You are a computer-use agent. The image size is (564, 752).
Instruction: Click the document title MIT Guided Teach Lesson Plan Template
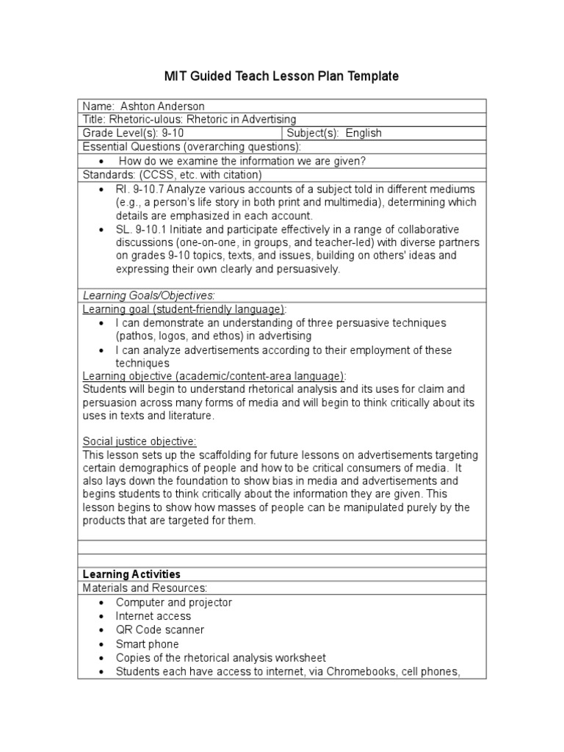tap(281, 76)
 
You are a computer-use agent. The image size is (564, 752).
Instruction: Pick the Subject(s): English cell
tap(334, 133)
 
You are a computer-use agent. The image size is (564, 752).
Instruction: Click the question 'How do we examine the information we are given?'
tap(242, 161)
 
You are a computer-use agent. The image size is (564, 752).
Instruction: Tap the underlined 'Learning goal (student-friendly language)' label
tap(184, 309)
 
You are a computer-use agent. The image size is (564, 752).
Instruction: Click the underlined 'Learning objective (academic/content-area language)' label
tap(214, 376)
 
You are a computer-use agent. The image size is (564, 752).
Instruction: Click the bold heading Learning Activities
tap(131, 574)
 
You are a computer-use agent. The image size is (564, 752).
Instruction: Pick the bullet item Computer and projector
tap(173, 602)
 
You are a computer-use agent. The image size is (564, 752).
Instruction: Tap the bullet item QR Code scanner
tap(159, 630)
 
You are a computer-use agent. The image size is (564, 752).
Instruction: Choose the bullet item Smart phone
tap(147, 644)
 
